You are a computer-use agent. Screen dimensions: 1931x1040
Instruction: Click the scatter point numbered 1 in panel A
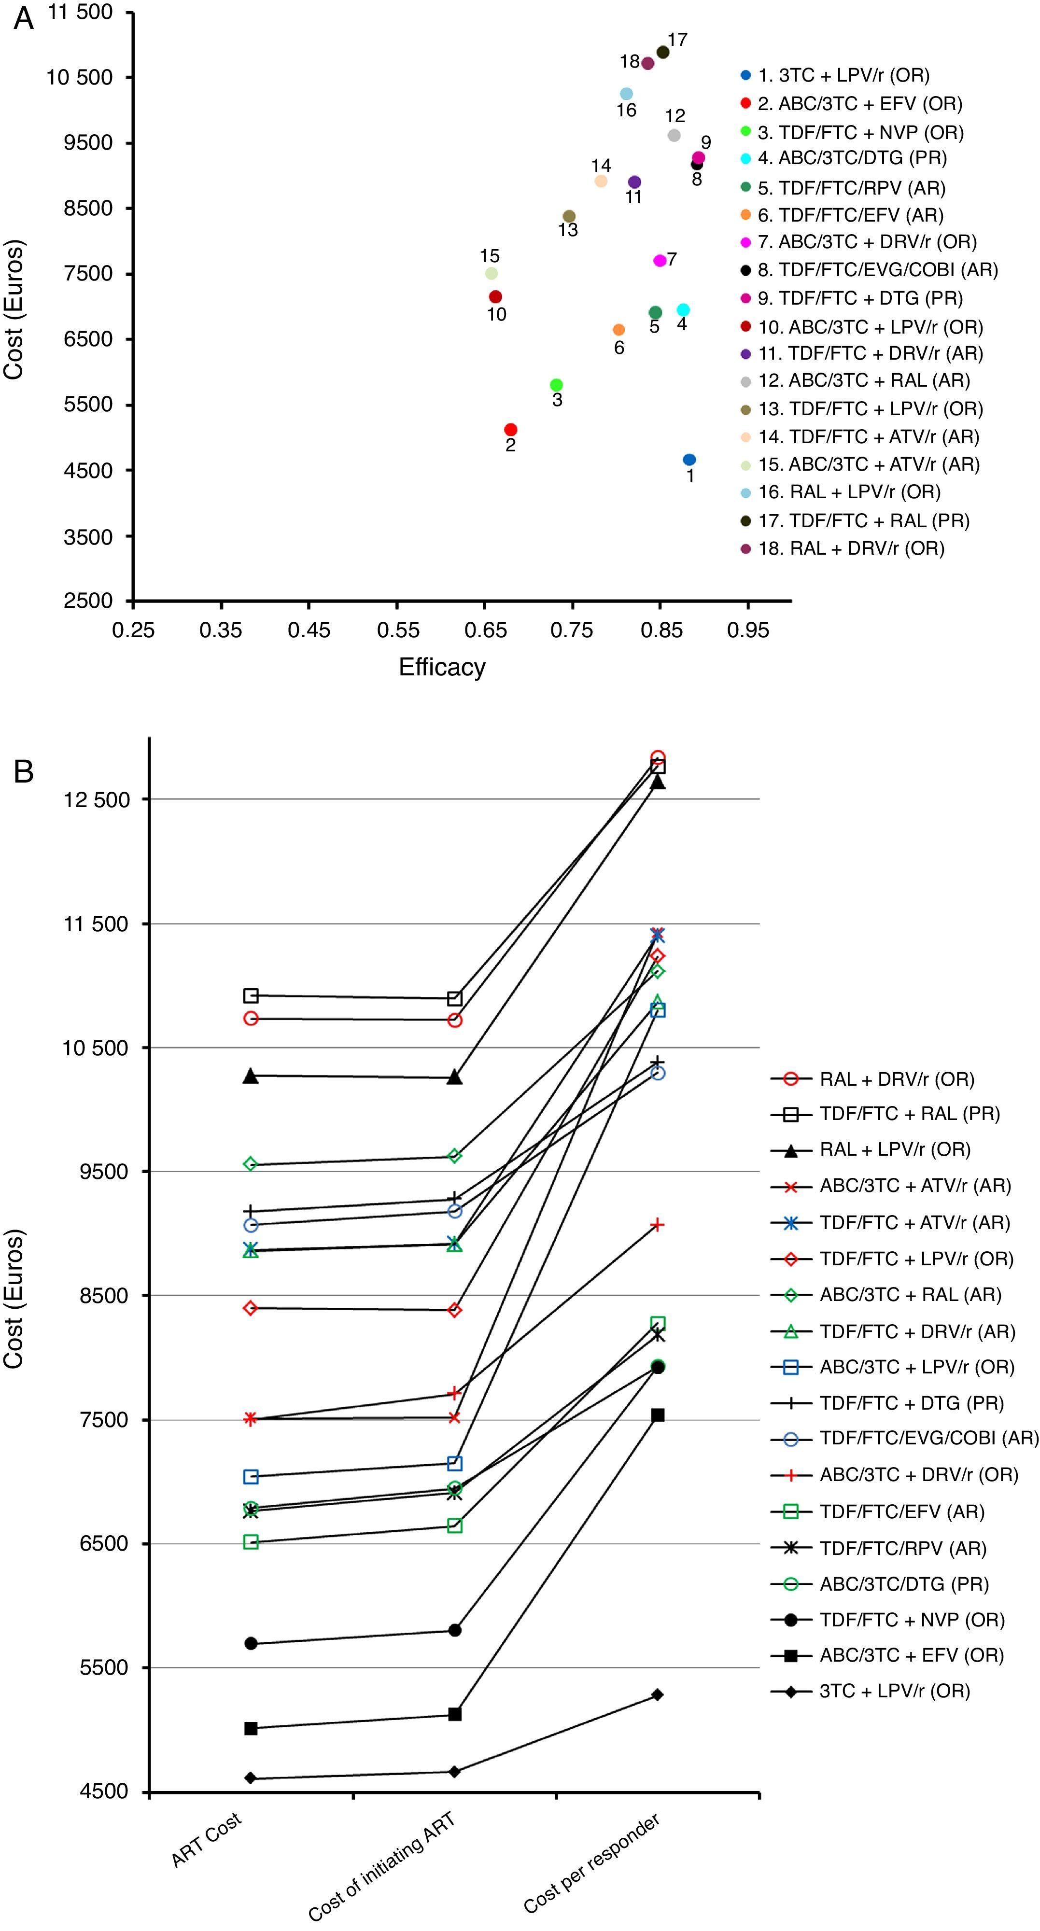(x=689, y=460)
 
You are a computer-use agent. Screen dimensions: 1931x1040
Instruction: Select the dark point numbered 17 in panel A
(x=663, y=52)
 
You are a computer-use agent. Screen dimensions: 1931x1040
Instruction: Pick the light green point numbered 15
(x=491, y=274)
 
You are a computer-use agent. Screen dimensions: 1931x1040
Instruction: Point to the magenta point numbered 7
(x=660, y=260)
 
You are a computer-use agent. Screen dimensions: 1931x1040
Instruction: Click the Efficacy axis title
(x=442, y=667)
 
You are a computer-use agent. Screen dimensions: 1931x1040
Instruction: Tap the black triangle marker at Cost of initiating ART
(x=454, y=1077)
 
